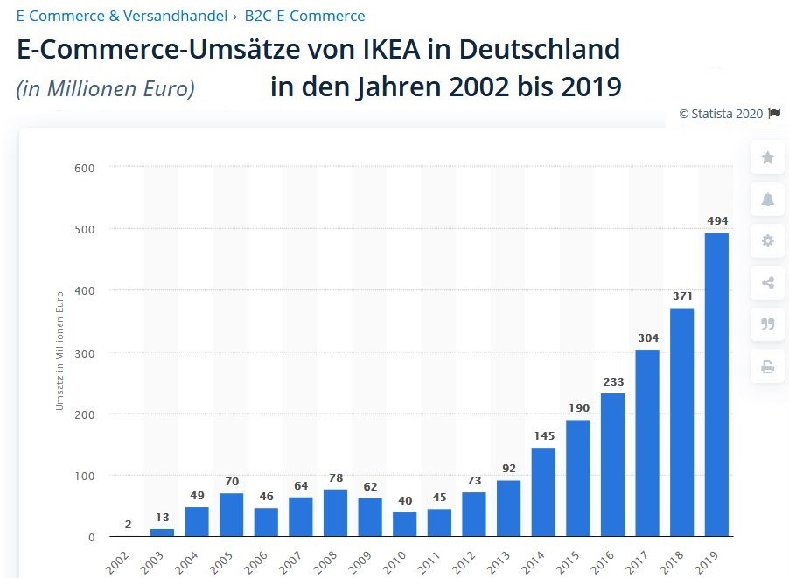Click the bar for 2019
point(716,385)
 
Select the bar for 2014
point(543,492)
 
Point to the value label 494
point(717,220)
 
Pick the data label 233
point(613,381)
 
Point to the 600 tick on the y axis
point(84,167)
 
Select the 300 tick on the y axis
point(84,352)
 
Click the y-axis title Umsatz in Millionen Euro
point(59,351)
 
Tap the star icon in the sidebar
point(767,157)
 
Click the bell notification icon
point(767,199)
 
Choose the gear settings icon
point(767,241)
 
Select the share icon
point(767,282)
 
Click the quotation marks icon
point(767,324)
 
